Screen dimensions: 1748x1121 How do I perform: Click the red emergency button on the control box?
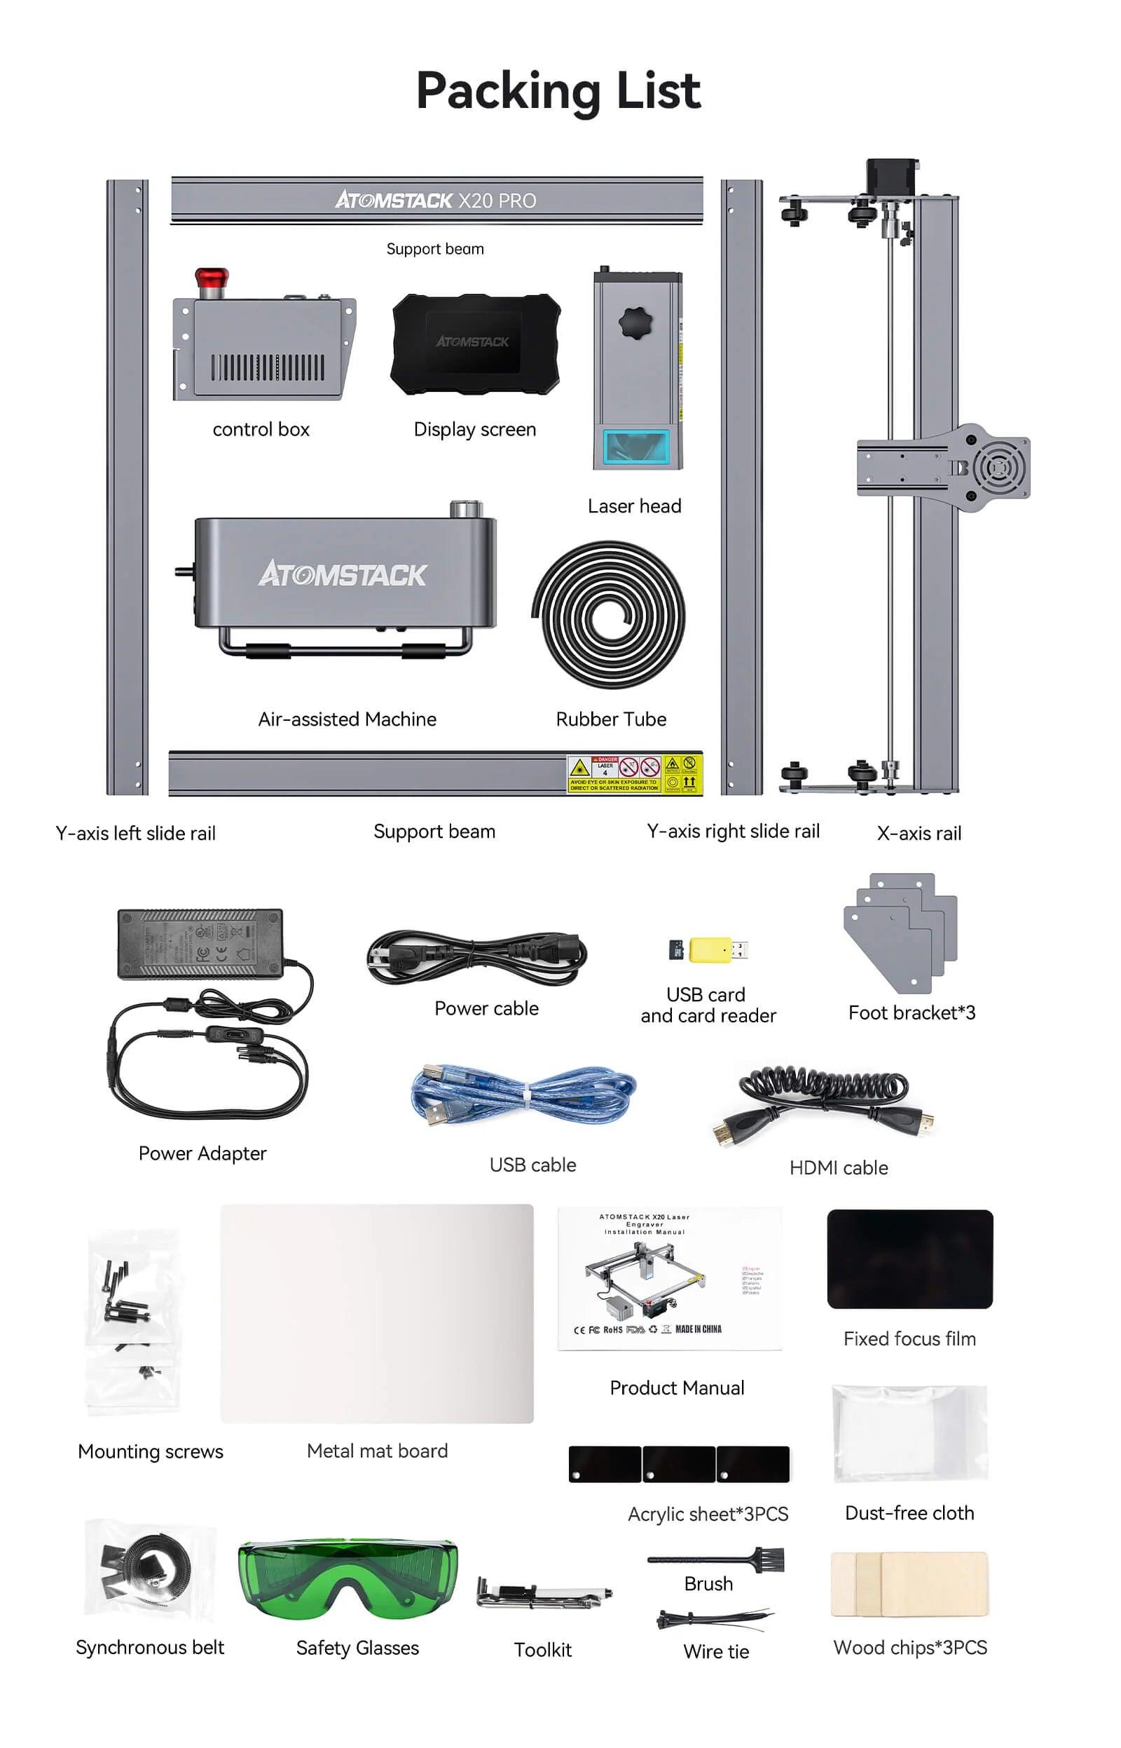pyautogui.click(x=211, y=279)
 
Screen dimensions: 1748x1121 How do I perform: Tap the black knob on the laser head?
pyautogui.click(x=635, y=323)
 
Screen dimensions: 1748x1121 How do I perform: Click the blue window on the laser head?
pyautogui.click(x=636, y=447)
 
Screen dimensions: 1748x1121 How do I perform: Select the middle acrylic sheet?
pyautogui.click(x=678, y=1464)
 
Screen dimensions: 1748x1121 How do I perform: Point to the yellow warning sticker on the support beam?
pyautogui.click(x=635, y=773)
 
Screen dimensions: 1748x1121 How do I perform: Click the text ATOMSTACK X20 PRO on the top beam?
pyautogui.click(x=435, y=201)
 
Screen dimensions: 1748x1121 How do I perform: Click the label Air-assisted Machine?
pyautogui.click(x=348, y=719)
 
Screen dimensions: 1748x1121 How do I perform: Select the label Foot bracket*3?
pyautogui.click(x=912, y=1012)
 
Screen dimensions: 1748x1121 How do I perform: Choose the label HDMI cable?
pyautogui.click(x=839, y=1167)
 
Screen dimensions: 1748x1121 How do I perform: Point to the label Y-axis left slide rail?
pyautogui.click(x=135, y=833)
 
